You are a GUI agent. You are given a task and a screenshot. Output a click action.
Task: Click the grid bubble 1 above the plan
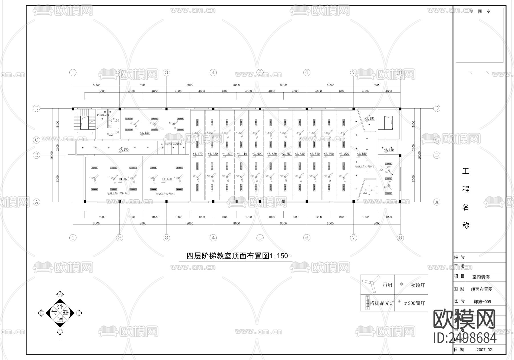(73, 73)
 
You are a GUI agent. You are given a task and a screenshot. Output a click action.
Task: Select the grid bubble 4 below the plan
(213, 238)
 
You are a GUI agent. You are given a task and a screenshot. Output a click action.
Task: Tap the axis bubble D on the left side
(36, 108)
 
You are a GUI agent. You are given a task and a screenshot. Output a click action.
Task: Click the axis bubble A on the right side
(437, 202)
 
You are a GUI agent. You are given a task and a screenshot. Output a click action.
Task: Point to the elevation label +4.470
(197, 154)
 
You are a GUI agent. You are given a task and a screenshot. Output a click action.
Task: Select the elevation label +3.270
(344, 154)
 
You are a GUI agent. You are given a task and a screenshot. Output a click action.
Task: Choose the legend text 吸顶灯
(417, 285)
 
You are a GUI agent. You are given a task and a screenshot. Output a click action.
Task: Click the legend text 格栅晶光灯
(382, 303)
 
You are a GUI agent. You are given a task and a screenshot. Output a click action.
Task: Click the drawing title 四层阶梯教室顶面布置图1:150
(237, 256)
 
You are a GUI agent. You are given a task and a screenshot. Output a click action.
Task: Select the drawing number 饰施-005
(482, 301)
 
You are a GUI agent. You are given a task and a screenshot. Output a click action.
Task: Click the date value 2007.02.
(485, 349)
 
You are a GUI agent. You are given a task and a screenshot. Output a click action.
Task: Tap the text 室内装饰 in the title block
(481, 277)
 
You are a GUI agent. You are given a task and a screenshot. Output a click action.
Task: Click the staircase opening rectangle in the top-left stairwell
(84, 123)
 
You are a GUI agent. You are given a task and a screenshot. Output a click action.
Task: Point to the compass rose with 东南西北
(60, 313)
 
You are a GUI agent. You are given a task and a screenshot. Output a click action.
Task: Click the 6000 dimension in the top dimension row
(102, 91)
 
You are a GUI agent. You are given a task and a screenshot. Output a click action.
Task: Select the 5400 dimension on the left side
(57, 124)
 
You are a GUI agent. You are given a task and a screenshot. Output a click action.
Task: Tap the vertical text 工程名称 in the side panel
(466, 198)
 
